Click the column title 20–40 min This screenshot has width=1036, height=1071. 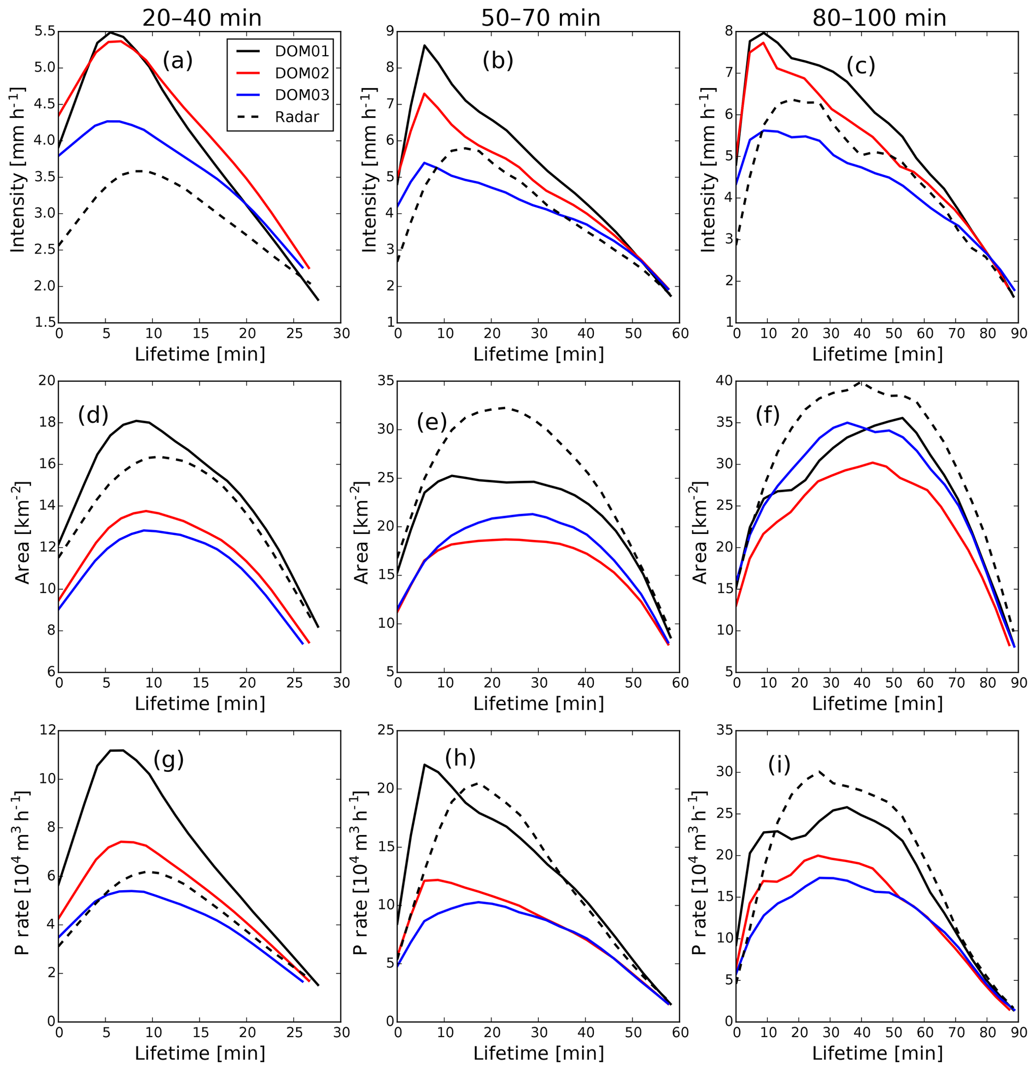pyautogui.click(x=201, y=18)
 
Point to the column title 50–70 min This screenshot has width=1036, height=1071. pyautogui.click(x=540, y=18)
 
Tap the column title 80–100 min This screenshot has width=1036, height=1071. pyautogui.click(x=879, y=18)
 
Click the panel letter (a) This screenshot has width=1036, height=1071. pyautogui.click(x=177, y=61)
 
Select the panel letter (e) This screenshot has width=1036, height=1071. pyautogui.click(x=432, y=422)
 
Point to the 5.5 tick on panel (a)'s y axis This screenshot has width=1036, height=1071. pyautogui.click(x=44, y=32)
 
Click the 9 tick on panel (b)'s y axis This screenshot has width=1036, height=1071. pyautogui.click(x=390, y=32)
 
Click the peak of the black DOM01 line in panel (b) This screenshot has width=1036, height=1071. pyautogui.click(x=424, y=46)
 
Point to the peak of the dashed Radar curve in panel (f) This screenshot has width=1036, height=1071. pyautogui.click(x=861, y=382)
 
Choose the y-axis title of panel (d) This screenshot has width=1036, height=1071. pyautogui.click(x=22, y=533)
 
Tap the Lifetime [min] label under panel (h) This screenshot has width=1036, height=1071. pyautogui.click(x=538, y=1052)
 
